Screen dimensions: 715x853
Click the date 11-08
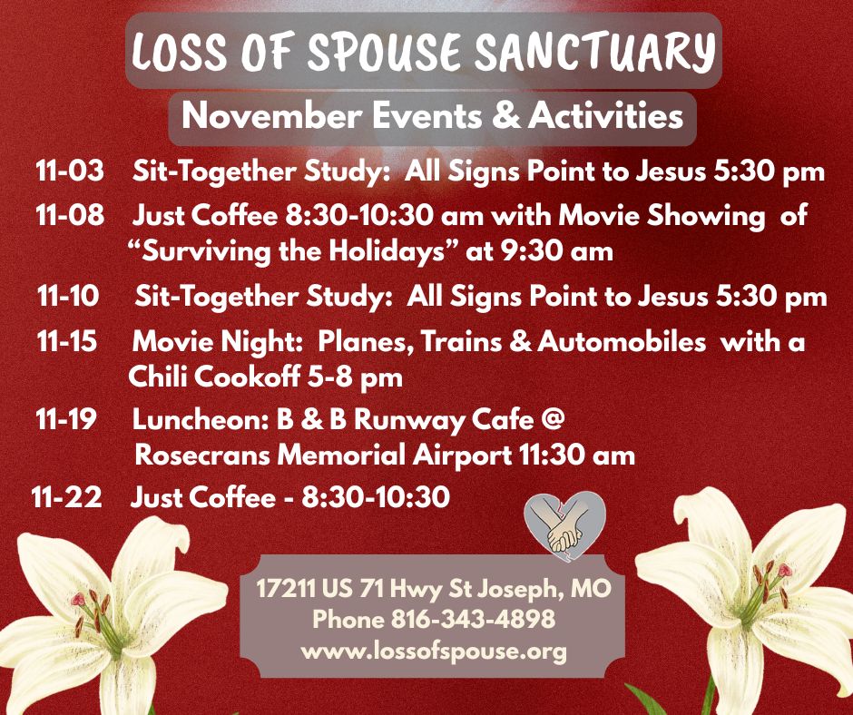69,217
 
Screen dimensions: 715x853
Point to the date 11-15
69,343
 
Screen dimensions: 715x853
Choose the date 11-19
69,421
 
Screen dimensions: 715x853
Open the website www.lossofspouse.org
434,651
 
